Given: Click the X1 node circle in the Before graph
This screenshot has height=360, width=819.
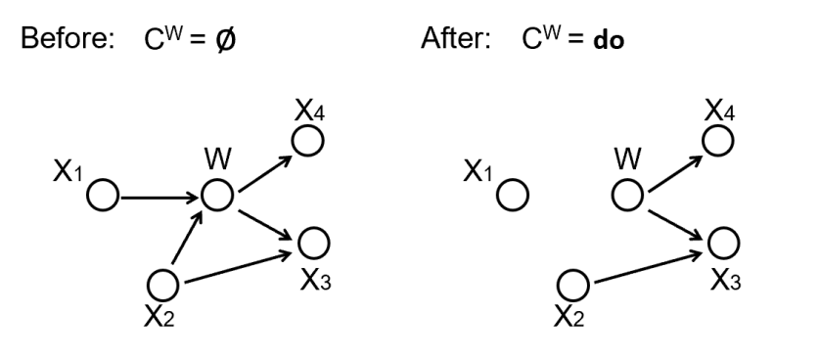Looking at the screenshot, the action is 102,196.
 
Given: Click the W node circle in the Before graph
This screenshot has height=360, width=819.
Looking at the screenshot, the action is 216,195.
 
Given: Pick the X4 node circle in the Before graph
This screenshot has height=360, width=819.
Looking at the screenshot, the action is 309,142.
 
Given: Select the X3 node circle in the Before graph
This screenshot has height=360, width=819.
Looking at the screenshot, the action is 313,241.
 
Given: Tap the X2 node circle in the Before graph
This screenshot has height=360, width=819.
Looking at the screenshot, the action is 163,284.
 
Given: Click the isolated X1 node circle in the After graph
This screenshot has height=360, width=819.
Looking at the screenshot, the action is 513,196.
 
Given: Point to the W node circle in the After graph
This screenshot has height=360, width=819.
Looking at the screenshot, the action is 626,195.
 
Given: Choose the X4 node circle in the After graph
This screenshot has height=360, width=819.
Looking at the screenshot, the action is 720,142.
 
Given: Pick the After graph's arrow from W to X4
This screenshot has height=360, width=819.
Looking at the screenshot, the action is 672,168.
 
